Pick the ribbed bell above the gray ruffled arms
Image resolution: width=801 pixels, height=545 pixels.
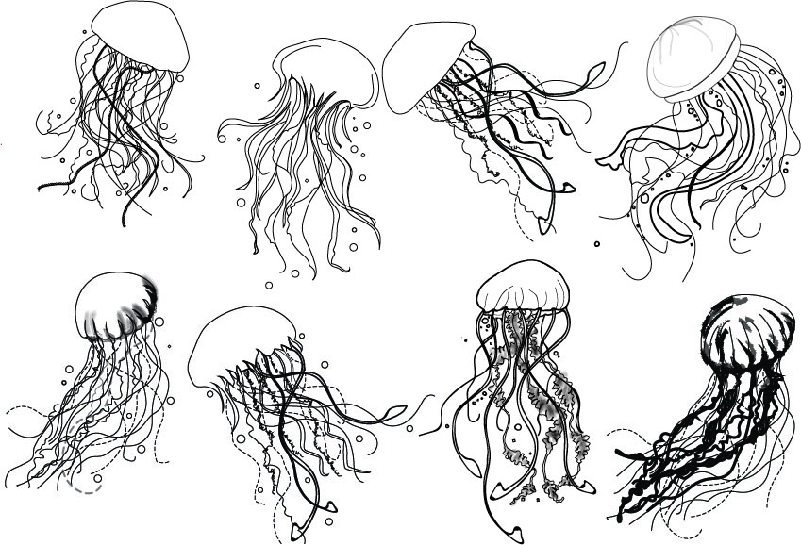pos(524,288)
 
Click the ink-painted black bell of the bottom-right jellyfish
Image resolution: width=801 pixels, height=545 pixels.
pos(745,330)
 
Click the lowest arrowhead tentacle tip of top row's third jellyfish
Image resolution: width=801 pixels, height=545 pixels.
pos(545,226)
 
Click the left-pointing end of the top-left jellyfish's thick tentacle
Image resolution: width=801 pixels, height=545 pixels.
pos(41,187)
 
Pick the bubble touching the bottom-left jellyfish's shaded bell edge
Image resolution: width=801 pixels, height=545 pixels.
pos(159,322)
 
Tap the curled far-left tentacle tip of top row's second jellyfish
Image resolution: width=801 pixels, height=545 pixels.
pos(223,139)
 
